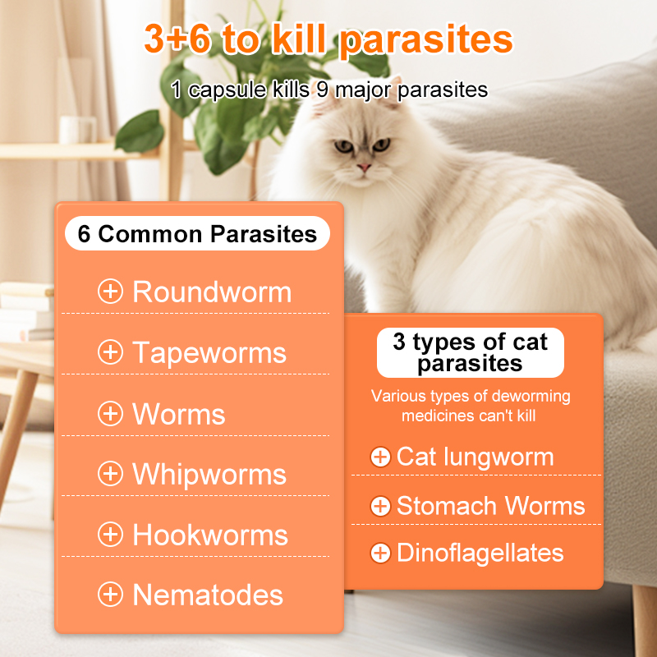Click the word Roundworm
point(212,292)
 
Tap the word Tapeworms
point(209,352)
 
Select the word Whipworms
point(209,474)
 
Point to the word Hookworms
point(210,535)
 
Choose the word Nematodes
point(208,595)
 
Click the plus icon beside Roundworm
point(110,292)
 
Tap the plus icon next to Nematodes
point(110,595)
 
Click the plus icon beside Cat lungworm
point(380,457)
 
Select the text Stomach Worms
point(490,506)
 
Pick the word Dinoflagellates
point(480,553)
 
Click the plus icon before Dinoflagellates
point(380,553)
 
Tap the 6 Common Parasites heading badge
point(197,234)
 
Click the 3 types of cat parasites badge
point(470,352)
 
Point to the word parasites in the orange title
point(426,39)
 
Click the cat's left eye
point(342,146)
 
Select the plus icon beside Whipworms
point(110,474)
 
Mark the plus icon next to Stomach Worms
point(380,506)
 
